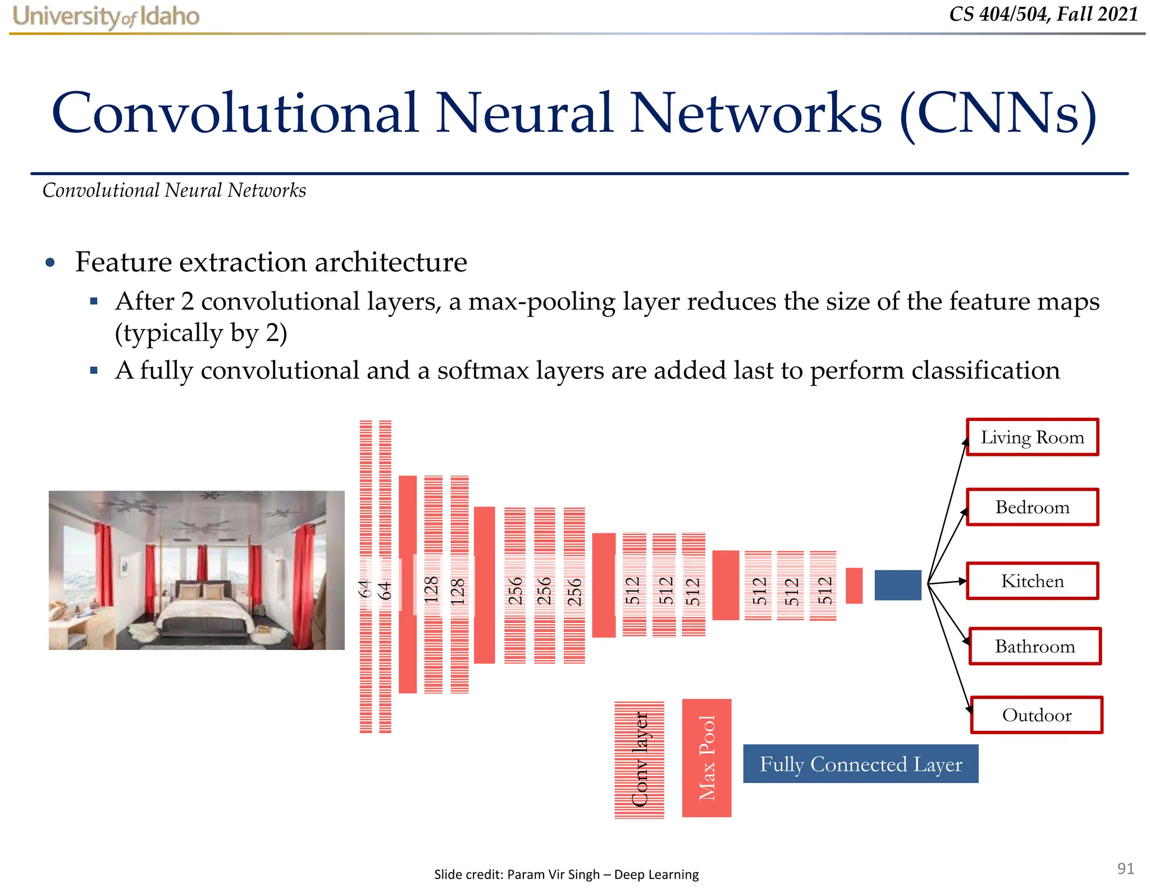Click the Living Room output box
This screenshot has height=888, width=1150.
1032,437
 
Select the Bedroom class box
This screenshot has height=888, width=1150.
1032,507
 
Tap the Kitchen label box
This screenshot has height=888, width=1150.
1032,581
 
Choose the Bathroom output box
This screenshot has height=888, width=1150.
1035,646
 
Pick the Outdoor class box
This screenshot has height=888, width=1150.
1037,715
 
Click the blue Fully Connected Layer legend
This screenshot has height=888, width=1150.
860,764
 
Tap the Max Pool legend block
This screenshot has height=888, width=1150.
706,758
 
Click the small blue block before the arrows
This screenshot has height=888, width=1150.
898,585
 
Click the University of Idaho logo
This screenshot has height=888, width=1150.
106,16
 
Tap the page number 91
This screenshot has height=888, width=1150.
1125,868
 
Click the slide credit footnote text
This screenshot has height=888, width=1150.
566,875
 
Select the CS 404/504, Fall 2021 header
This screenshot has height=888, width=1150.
1043,14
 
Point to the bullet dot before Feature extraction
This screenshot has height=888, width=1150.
51,262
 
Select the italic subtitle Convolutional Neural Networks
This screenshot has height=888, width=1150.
174,190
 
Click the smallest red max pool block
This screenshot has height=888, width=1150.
854,585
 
